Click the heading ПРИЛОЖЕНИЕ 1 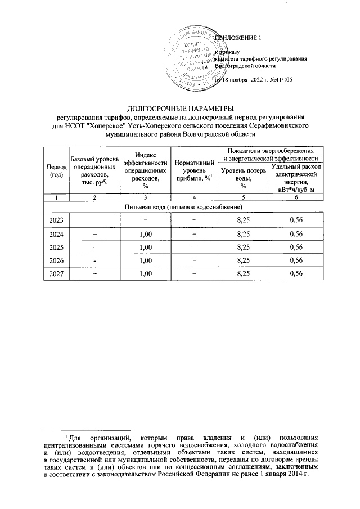[239, 38]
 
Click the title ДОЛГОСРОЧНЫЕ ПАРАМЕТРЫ [179, 108]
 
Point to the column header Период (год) [55, 171]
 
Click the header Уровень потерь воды [244, 177]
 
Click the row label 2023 [56, 219]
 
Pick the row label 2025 [56, 246]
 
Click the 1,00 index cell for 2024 [145, 233]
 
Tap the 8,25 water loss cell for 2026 [244, 260]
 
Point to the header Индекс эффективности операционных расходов [145, 169]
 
